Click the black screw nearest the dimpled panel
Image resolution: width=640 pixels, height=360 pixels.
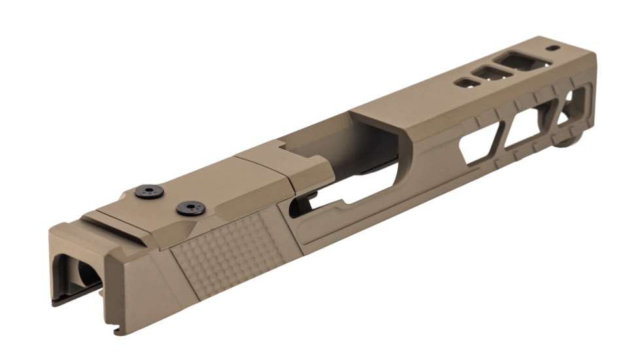coord(190,208)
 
